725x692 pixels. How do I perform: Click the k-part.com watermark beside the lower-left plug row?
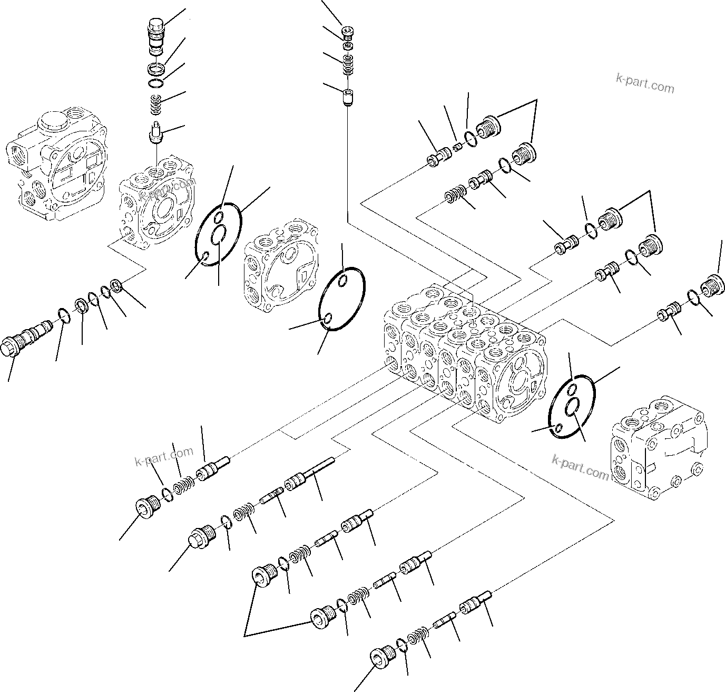click(164, 456)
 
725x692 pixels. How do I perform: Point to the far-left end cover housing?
click(58, 166)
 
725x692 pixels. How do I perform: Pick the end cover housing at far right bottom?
click(656, 448)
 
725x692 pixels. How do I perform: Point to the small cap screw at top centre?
click(348, 33)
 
